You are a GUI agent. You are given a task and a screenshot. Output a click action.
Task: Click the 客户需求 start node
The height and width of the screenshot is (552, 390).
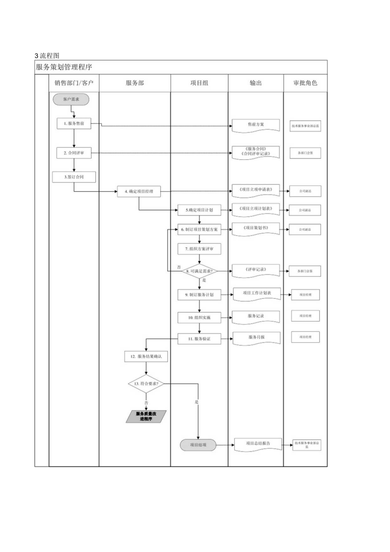tap(71, 99)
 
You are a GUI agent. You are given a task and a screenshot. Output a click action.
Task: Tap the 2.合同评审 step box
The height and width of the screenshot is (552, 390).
tap(74, 154)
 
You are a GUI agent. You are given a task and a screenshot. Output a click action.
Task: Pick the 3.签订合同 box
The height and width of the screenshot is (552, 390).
tap(74, 177)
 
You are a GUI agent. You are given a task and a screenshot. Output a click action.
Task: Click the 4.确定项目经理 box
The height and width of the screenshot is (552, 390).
tap(139, 192)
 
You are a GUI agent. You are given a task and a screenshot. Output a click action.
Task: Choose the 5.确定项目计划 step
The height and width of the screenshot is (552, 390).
tap(199, 210)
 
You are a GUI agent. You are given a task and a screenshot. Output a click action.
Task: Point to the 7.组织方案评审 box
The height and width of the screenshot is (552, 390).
tap(199, 249)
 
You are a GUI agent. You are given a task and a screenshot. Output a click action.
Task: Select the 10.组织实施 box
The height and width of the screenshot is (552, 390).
tap(199, 317)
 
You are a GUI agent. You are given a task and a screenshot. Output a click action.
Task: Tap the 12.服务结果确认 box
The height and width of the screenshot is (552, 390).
tap(146, 357)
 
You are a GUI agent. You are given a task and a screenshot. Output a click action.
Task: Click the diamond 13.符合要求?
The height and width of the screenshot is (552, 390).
tap(146, 384)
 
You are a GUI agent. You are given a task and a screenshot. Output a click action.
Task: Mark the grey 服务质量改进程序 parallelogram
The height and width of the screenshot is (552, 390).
tap(146, 417)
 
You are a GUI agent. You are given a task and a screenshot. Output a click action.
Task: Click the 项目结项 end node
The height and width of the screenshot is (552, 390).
tap(198, 445)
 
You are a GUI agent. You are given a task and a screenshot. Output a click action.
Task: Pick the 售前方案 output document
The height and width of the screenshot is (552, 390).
tap(256, 125)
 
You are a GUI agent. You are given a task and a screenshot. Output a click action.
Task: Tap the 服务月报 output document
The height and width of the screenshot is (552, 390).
tap(256, 338)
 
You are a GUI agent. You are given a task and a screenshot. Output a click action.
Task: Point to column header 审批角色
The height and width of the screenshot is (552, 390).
tap(305, 83)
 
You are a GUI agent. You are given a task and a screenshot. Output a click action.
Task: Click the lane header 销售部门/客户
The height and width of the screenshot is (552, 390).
tap(74, 83)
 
